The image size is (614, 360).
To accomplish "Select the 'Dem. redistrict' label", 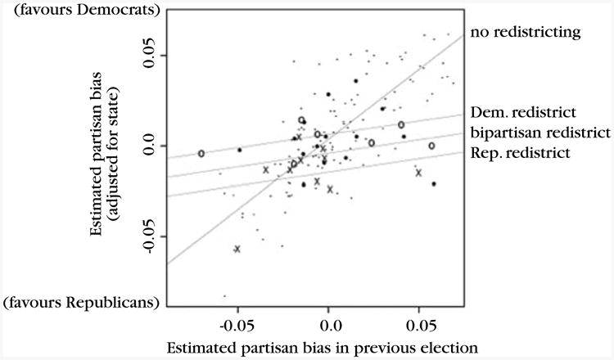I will tap(527, 113).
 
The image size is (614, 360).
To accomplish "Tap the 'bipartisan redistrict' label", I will tap(540, 132).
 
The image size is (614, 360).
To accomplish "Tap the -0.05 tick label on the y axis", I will tap(146, 235).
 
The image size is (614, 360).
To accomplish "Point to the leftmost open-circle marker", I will tap(201, 153).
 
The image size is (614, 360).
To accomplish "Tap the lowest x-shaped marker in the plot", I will tap(237, 249).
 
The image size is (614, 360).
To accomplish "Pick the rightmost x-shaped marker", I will tap(418, 173).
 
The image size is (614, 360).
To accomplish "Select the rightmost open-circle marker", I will tap(431, 146).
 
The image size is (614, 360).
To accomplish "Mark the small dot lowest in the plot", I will tap(224, 296).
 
